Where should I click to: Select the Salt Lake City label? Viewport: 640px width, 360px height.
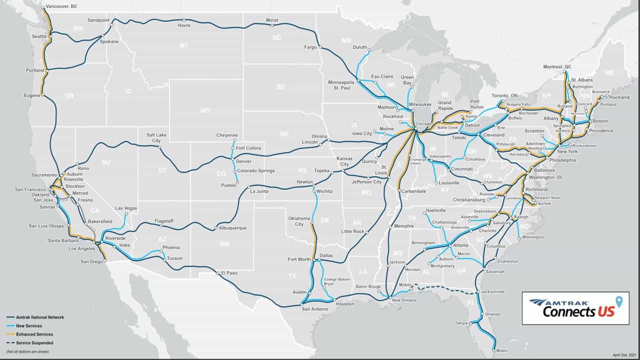(156, 138)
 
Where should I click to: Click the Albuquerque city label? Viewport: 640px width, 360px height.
(233, 228)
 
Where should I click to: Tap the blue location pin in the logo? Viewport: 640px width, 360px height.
(619, 301)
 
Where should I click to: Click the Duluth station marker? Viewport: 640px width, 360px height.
(369, 50)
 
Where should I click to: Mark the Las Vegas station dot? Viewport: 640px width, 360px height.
(126, 214)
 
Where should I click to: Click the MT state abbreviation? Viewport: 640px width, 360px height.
(184, 46)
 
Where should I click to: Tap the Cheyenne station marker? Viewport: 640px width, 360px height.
(233, 141)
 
